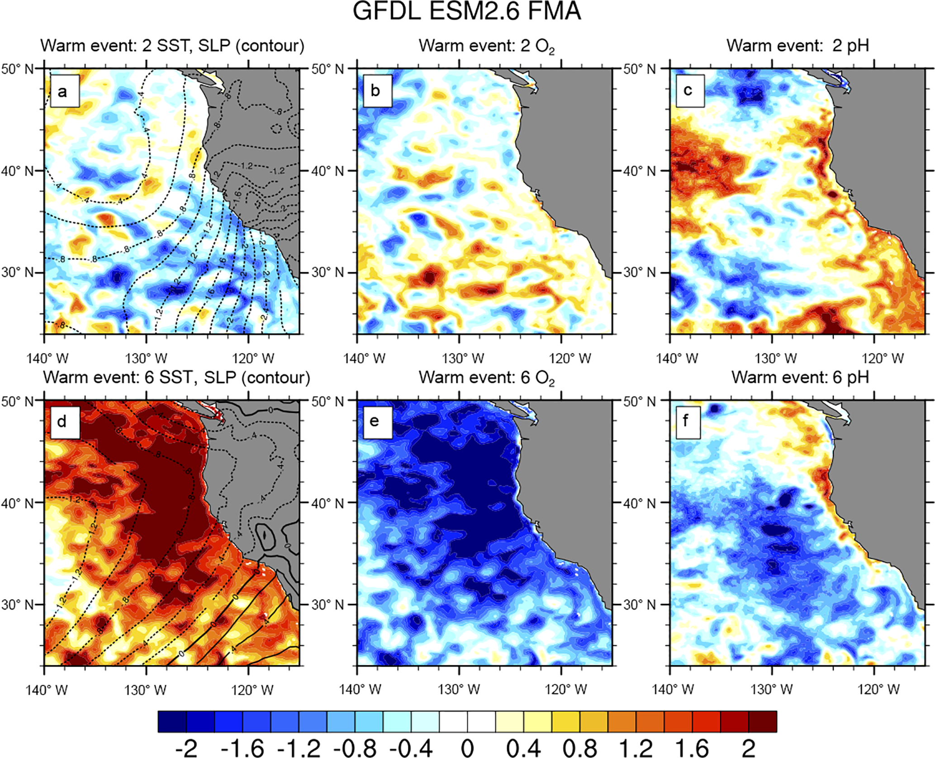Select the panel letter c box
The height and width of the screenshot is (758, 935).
click(x=687, y=91)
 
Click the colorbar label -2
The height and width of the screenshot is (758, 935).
click(x=186, y=748)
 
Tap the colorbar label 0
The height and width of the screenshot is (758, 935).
click(x=467, y=748)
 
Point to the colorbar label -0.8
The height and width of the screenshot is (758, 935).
click(x=355, y=748)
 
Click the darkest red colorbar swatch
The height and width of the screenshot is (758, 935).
click(x=763, y=721)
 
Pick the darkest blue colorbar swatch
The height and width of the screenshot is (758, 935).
click(x=172, y=721)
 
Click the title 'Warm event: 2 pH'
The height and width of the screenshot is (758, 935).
click(x=797, y=46)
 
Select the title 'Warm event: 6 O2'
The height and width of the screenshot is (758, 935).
click(x=486, y=378)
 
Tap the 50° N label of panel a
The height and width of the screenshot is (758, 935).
click(x=17, y=69)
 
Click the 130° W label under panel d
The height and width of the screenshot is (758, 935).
click(x=146, y=690)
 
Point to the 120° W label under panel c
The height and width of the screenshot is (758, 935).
click(x=883, y=359)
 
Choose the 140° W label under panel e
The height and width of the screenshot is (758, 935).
click(x=364, y=690)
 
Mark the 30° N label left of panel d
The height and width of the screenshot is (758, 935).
click(x=17, y=605)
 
